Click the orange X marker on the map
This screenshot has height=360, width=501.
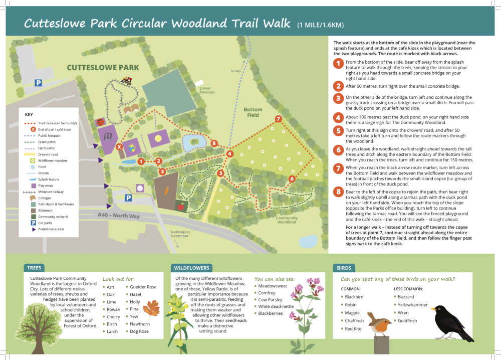(x=119, y=147)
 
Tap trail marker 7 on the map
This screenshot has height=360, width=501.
(x=278, y=119)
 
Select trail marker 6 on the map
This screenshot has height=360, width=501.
(x=292, y=178)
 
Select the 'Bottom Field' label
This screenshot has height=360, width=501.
(x=253, y=112)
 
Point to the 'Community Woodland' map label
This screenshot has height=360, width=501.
(x=287, y=220)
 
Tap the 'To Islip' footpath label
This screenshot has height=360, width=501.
(x=235, y=71)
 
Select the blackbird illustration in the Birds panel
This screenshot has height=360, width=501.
(x=450, y=321)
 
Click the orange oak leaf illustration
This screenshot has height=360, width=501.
(x=151, y=309)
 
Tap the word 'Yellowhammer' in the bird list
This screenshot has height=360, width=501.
(x=413, y=304)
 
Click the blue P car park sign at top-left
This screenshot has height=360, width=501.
(x=38, y=83)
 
